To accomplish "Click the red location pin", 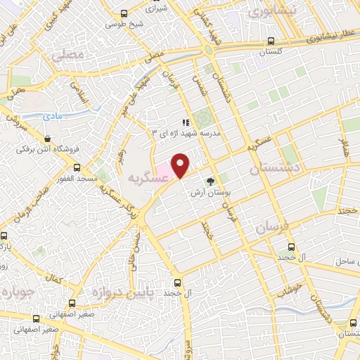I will point(181,164).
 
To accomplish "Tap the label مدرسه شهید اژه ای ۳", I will point(182,131).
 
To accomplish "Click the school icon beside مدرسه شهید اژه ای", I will point(186,122).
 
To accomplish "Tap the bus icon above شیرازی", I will point(124,13).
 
